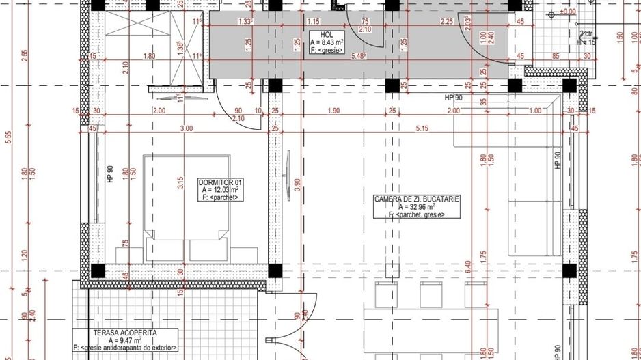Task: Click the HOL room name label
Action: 317,34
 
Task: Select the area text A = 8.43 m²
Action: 326,42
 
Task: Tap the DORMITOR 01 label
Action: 219,183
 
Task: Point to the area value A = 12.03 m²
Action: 221,191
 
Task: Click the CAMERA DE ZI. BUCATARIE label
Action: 417,199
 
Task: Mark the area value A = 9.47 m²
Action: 125,340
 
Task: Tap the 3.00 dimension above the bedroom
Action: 186,128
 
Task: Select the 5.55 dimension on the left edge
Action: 8,137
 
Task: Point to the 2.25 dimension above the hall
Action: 447,22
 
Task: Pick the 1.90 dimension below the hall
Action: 333,111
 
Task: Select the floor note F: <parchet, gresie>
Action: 417,214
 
